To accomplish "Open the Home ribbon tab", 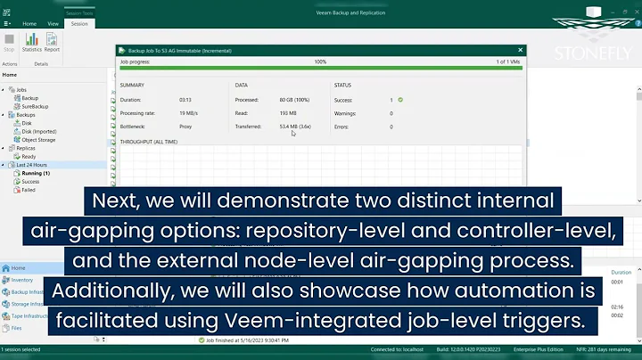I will (29, 24).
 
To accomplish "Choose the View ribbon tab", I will (53, 24).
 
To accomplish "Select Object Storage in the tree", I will (38, 140).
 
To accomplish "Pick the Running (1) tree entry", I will (36, 173).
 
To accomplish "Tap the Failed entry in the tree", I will (29, 190).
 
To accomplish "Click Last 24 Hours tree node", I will (32, 165).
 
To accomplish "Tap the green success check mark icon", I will (400, 100).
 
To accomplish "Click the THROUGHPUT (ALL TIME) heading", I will (148, 142).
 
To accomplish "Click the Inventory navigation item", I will (22, 280).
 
